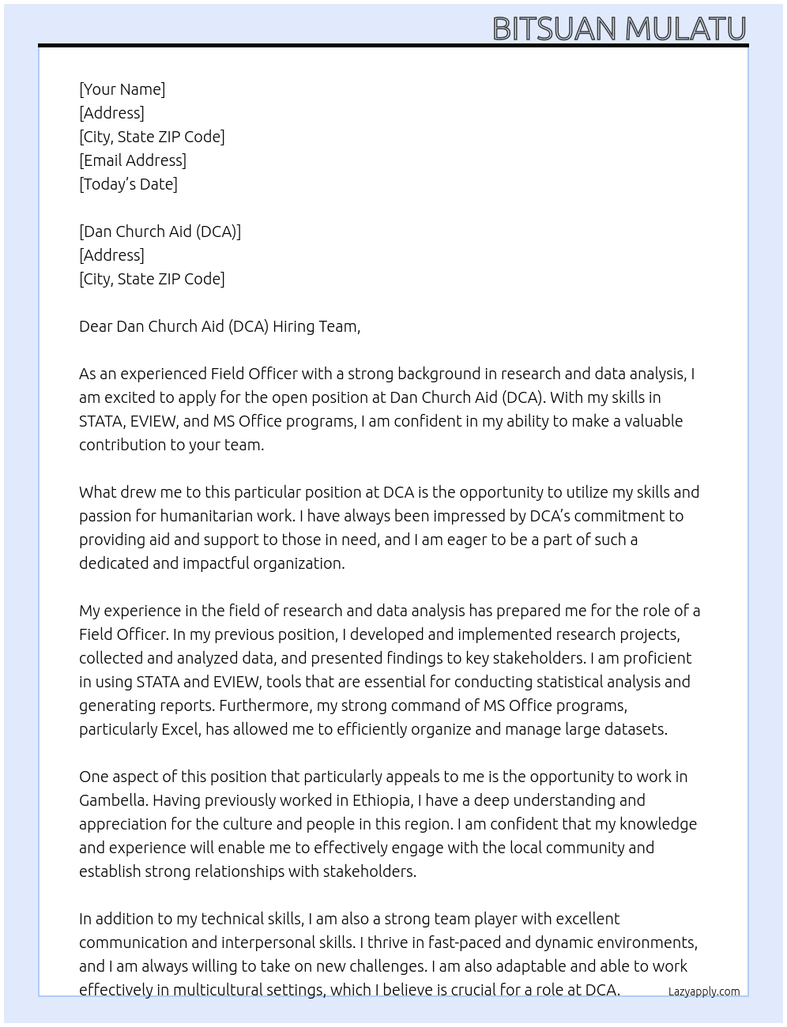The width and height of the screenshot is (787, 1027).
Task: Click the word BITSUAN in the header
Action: pyautogui.click(x=554, y=29)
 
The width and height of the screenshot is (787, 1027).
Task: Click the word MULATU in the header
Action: pyautogui.click(x=685, y=29)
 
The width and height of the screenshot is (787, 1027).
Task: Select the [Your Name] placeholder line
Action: pyautogui.click(x=122, y=89)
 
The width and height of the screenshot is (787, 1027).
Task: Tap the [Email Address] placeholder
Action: pyautogui.click(x=133, y=160)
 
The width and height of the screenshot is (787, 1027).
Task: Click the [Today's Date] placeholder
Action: pyautogui.click(x=128, y=184)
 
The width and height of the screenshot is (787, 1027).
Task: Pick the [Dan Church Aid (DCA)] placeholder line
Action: pyautogui.click(x=160, y=231)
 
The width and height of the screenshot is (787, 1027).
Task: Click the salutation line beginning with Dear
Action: pyautogui.click(x=219, y=326)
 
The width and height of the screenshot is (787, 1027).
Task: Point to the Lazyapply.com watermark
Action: pyautogui.click(x=703, y=991)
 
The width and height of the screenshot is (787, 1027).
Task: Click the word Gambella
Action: pyautogui.click(x=113, y=800)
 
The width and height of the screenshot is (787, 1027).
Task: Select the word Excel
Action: pyautogui.click(x=180, y=729)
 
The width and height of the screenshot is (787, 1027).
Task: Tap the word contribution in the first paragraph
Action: pyautogui.click(x=122, y=445)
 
